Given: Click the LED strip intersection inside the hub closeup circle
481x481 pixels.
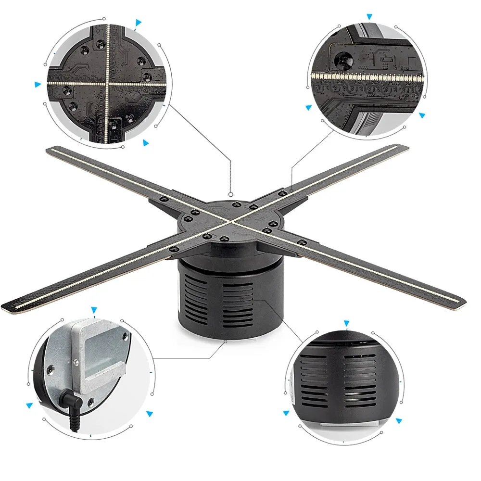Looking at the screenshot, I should click(107, 83).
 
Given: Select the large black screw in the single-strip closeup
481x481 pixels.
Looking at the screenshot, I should click(343, 60).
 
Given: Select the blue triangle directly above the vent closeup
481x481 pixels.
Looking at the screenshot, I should click(346, 323).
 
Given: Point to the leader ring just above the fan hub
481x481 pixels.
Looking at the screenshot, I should click(231, 195).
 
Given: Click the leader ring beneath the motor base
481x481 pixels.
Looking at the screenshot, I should click(227, 341).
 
